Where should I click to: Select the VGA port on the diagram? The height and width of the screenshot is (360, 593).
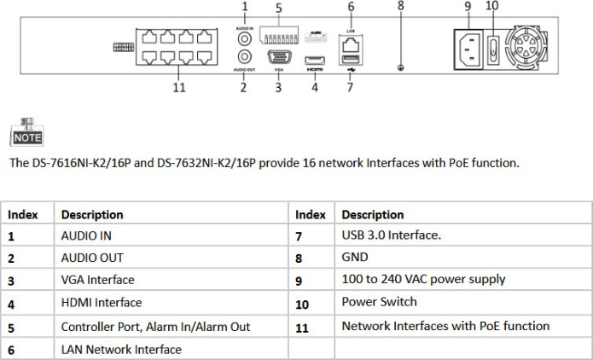[278, 58]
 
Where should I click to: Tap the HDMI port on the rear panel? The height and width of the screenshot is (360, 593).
[315, 58]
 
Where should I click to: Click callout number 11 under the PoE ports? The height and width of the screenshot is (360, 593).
[179, 87]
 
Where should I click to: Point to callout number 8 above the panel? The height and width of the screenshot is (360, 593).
[401, 7]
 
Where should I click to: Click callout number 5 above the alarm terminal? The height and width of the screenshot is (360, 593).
[278, 7]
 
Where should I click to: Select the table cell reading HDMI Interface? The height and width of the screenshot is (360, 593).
[101, 303]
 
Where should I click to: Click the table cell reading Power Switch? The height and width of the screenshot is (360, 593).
[379, 302]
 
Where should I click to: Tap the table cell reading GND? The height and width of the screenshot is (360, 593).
[354, 257]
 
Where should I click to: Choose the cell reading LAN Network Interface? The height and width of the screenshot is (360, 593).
[120, 349]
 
